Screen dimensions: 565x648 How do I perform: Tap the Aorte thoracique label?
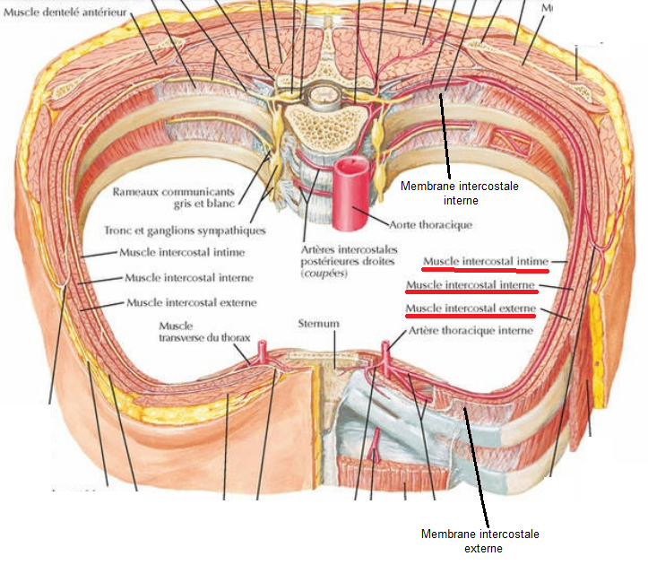(432, 224)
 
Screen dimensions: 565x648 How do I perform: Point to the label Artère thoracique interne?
(470, 330)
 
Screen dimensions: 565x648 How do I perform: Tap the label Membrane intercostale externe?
(480, 541)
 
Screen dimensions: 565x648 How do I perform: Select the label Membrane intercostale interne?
(446, 193)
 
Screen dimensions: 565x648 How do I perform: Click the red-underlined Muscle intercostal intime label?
(484, 261)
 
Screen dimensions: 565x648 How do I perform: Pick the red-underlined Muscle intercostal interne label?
(471, 286)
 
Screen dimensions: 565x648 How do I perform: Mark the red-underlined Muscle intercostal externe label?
(471, 310)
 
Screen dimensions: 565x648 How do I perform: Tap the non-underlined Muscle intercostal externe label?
(192, 302)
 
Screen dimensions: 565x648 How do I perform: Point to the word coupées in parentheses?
(324, 273)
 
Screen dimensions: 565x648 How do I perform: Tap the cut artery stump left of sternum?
(263, 351)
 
